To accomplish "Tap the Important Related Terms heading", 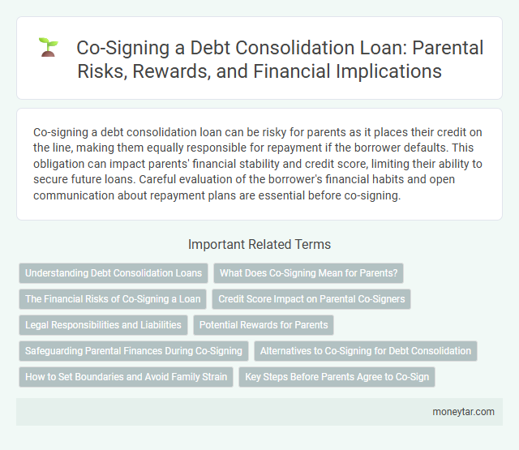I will [259, 244].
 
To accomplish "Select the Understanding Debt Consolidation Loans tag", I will [114, 272].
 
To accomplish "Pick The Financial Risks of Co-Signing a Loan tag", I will [113, 298].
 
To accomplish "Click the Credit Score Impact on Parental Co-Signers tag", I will [311, 298].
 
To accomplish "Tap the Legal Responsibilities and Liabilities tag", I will [103, 324].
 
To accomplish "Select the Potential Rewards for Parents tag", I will [264, 324].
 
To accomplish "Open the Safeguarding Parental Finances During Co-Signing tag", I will [134, 350].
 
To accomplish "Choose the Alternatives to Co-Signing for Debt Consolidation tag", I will [366, 350].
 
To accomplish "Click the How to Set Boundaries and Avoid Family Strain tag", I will [126, 376].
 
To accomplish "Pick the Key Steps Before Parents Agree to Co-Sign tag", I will [337, 376].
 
